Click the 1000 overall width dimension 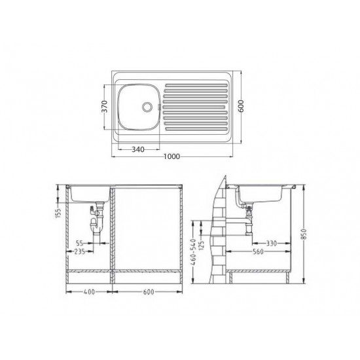click(x=172, y=156)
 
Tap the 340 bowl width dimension click(x=138, y=149)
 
